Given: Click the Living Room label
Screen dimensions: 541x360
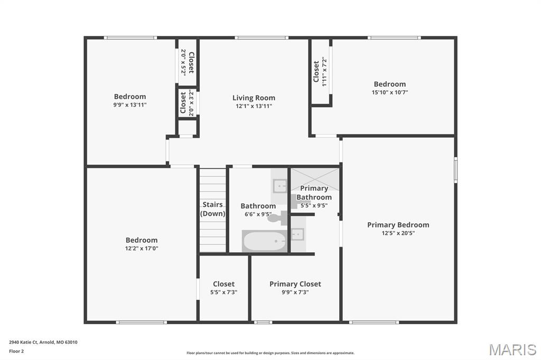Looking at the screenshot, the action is tap(254, 98).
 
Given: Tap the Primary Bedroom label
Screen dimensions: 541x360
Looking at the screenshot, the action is tap(398, 225).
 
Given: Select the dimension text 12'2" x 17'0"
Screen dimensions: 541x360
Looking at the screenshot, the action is tap(142, 248).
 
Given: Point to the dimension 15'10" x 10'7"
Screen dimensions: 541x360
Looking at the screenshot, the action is tap(390, 92).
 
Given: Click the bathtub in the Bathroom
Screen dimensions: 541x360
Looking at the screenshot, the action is tap(265, 241).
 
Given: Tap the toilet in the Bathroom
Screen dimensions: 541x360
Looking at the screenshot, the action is tap(277, 218).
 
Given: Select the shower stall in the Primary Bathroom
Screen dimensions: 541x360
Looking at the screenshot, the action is tap(315, 179).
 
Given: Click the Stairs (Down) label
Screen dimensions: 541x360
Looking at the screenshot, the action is tap(213, 209).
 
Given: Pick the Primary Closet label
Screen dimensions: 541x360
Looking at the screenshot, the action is tap(295, 284).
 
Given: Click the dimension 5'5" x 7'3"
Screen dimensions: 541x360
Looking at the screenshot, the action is tap(224, 292).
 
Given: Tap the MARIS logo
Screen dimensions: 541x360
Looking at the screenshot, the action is tap(512, 349).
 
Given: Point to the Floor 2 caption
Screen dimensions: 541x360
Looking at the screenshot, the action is tap(16, 352).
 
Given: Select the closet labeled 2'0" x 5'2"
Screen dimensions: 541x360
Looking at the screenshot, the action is tap(187, 62).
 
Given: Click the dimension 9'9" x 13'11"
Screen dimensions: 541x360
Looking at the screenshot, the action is tap(130, 105).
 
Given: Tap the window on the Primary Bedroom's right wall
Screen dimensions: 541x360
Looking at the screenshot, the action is tap(455, 169).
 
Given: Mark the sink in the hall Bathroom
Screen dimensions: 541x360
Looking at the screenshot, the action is tap(279, 186).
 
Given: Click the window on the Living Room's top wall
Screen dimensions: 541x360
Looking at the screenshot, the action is tap(262, 37).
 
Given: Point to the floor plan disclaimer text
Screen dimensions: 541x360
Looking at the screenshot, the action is tap(270, 353).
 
